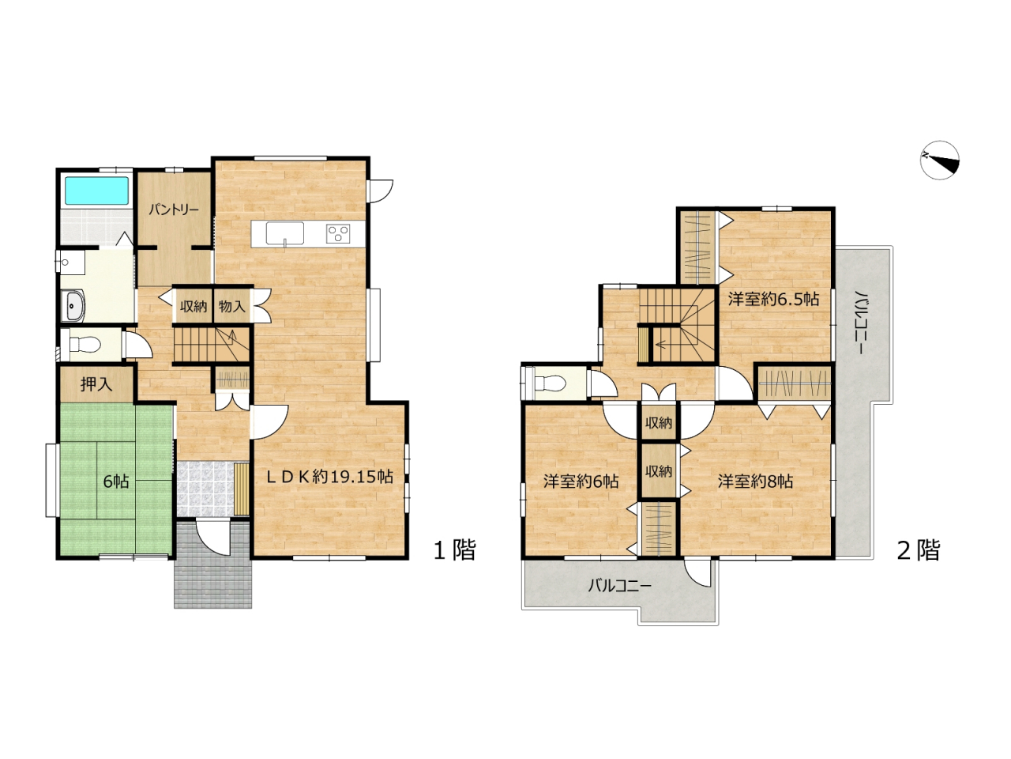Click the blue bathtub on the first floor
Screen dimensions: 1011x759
point(96,191)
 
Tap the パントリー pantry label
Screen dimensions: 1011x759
point(174,210)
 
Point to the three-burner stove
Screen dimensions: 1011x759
point(339,232)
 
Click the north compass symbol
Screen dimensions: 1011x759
point(940,160)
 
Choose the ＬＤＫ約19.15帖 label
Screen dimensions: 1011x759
point(330,477)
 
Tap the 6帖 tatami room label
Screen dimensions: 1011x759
point(116,481)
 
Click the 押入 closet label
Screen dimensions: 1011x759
point(96,384)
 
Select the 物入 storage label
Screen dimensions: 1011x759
point(231,305)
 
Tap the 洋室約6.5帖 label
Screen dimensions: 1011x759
point(773,300)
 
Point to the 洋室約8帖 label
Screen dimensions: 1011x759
point(755,481)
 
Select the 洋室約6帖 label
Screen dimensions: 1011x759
point(581,481)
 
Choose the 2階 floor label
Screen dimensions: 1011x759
point(919,549)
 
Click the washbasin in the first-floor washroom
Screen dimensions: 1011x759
point(73,305)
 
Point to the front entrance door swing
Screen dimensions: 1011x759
point(212,538)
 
